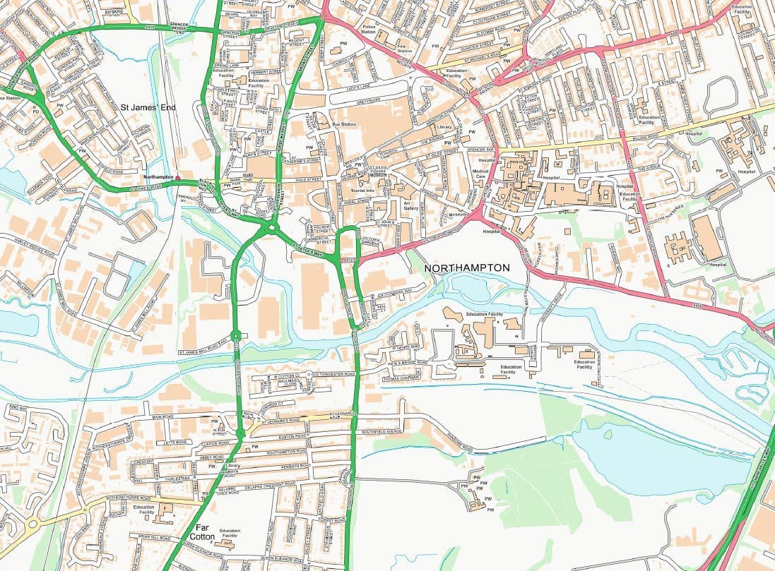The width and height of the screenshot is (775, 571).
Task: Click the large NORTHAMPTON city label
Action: click(x=466, y=268)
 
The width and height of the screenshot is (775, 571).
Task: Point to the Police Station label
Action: click(x=368, y=30)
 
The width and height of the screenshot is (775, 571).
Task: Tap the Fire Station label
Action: click(x=404, y=49)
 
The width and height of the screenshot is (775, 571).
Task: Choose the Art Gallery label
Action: click(x=411, y=205)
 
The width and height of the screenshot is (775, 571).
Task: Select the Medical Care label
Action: click(x=480, y=174)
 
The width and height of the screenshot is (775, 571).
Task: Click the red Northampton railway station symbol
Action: click(x=178, y=176)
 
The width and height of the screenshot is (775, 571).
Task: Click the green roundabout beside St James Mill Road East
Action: click(x=236, y=335)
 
